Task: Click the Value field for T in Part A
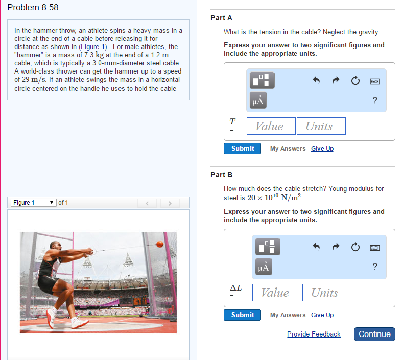(271, 126)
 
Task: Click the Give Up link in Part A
(322, 149)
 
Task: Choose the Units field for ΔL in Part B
(326, 293)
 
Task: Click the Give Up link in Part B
(322, 315)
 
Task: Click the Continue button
(374, 334)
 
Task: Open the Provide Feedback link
(314, 334)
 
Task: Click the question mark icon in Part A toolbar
(375, 100)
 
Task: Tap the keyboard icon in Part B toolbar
(375, 248)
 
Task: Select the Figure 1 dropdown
(34, 203)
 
